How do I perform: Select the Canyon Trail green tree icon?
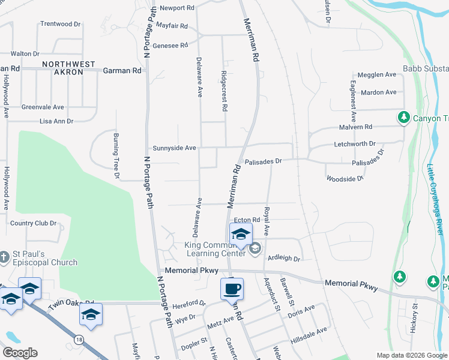click(x=404, y=118)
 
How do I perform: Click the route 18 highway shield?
click(x=79, y=340)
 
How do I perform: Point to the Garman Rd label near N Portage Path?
click(x=122, y=70)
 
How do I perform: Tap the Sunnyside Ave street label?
click(x=174, y=148)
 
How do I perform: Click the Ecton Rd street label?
click(x=247, y=220)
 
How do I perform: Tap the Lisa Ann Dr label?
click(x=56, y=121)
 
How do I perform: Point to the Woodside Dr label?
click(x=345, y=179)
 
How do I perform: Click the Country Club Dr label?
click(x=33, y=223)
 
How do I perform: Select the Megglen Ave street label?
click(x=377, y=74)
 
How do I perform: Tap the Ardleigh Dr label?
click(x=283, y=259)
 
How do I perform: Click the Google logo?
click(x=20, y=353)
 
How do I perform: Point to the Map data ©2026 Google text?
click(x=411, y=355)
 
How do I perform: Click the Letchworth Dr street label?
click(x=354, y=144)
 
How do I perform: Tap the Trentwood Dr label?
click(x=60, y=24)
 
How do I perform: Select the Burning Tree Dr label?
click(x=116, y=152)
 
